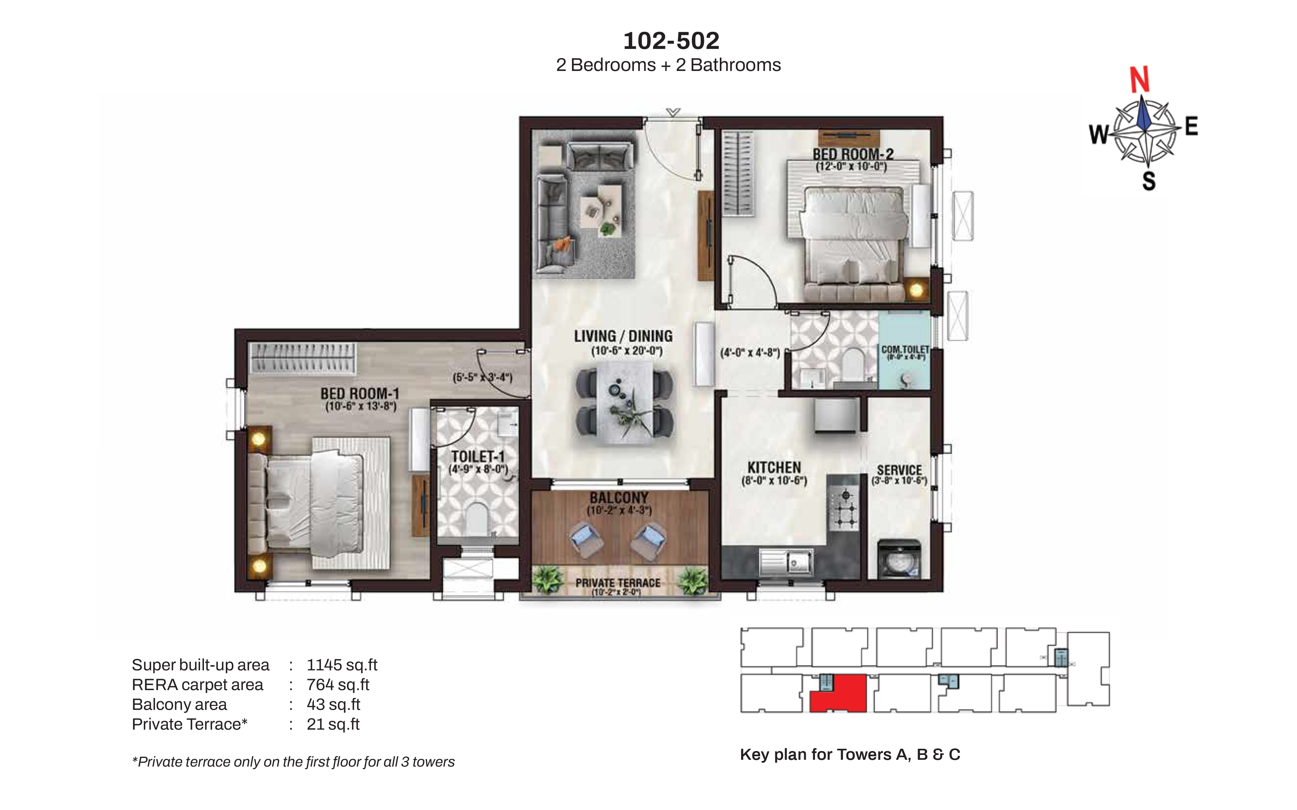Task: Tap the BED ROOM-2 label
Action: (x=853, y=154)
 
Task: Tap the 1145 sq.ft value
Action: (x=342, y=665)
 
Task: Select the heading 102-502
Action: (x=671, y=41)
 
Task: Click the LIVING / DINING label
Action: (x=623, y=336)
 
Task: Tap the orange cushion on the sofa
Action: (x=563, y=244)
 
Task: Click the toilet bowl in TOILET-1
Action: (x=475, y=519)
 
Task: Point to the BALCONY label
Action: (x=619, y=498)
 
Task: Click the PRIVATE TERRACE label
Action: (x=618, y=583)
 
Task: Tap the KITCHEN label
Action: (x=774, y=468)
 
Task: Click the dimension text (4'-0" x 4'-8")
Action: (x=750, y=353)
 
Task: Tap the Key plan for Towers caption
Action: (x=850, y=754)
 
